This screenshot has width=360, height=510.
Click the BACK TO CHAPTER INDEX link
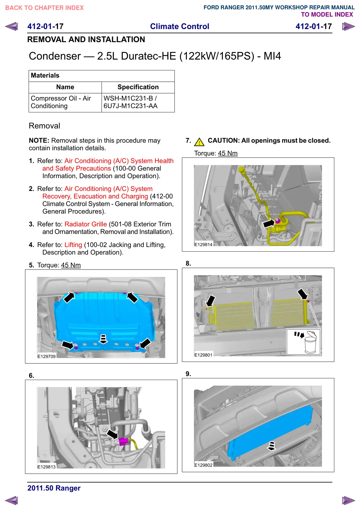[44, 8]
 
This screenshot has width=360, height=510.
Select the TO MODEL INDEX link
[327, 15]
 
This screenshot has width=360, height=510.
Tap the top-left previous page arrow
[12, 26]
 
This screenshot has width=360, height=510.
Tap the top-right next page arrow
[348, 27]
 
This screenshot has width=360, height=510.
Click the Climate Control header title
[179, 26]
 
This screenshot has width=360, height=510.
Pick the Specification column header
[138, 87]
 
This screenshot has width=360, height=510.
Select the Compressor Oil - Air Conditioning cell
[61, 102]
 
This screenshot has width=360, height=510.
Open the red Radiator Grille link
[86, 224]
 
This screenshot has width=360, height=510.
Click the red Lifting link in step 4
[73, 245]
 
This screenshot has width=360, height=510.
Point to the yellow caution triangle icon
[199, 142]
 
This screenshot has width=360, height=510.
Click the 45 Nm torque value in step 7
[228, 153]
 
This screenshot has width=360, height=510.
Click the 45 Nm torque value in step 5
[71, 265]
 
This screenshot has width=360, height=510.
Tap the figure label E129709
[46, 357]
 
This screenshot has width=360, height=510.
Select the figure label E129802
[204, 465]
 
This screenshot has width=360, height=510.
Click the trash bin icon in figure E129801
[310, 343]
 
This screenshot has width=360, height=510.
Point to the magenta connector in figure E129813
[123, 441]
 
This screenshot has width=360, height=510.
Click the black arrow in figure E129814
[269, 223]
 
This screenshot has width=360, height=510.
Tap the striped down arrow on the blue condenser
[271, 446]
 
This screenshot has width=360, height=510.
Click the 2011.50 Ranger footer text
[54, 488]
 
